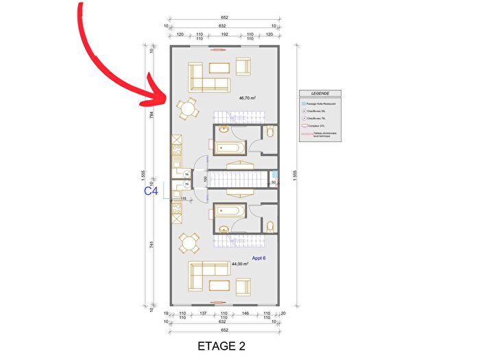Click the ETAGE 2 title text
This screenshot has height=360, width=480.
tap(219, 346)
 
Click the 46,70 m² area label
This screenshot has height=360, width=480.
tap(247, 98)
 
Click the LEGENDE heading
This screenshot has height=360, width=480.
tap(320, 93)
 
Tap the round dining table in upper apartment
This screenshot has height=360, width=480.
tap(187, 108)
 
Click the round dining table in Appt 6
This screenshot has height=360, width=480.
tap(189, 242)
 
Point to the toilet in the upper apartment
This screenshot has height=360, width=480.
tap(270, 131)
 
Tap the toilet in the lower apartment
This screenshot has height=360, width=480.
tap(270, 225)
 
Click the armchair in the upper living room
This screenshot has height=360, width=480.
tap(243, 67)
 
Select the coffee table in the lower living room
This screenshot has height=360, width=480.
tap(219, 285)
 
